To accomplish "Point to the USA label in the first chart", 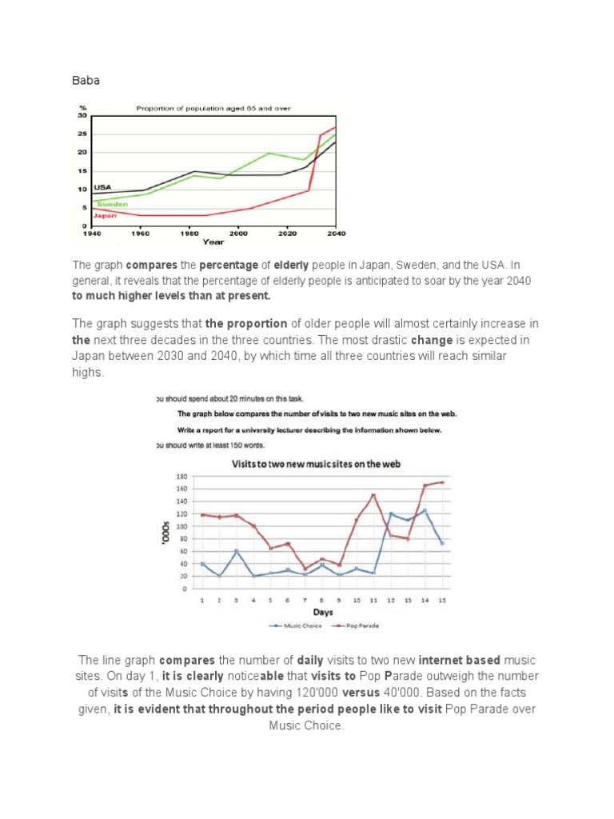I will pos(102,186).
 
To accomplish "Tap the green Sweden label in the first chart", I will pos(113,204).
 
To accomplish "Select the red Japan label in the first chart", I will pos(106,215).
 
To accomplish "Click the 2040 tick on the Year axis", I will pos(336,233).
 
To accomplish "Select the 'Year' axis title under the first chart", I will pos(213,241).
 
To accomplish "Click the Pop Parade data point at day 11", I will pos(373,495).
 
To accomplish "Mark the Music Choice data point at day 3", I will pos(237,551).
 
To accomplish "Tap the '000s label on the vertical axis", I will pos(164,531).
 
